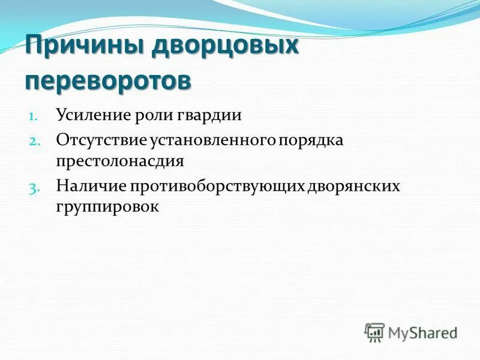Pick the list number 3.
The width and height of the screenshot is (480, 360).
33,187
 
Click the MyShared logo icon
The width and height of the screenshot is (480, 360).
374,332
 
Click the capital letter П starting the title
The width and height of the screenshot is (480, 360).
34,47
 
